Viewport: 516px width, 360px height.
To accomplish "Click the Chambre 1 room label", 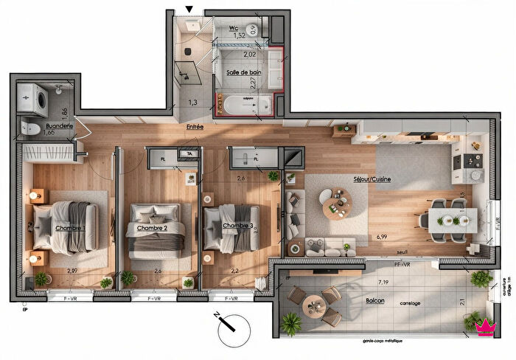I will pos(70,228).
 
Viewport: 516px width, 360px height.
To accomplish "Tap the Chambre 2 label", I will pos(152,228).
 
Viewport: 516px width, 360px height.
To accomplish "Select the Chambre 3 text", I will pos(238,225).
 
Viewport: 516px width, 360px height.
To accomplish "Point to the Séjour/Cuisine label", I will pos(372,179).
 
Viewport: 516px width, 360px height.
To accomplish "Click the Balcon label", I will pos(375,301).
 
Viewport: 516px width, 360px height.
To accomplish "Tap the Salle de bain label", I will pos(243,72).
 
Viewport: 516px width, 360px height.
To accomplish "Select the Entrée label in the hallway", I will pos(195,127).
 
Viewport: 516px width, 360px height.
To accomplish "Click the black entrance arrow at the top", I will pos(190,10).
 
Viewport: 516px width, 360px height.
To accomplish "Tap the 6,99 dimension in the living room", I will pos(380,237).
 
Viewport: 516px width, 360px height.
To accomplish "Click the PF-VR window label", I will pos(402,263).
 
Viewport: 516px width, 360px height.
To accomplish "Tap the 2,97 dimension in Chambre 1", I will pos(72,271).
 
